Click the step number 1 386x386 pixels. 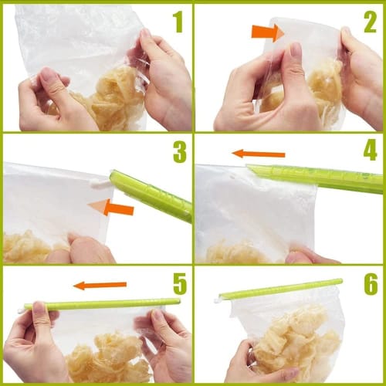(178, 22)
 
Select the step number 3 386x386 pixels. (179, 152)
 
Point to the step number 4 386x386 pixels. (370, 149)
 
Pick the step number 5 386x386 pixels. (178, 283)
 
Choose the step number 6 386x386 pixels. (370, 283)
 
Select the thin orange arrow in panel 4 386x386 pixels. (259, 154)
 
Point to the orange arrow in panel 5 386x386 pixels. (100, 286)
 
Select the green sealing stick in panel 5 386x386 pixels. (100, 304)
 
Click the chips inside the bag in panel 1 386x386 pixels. (116, 96)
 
